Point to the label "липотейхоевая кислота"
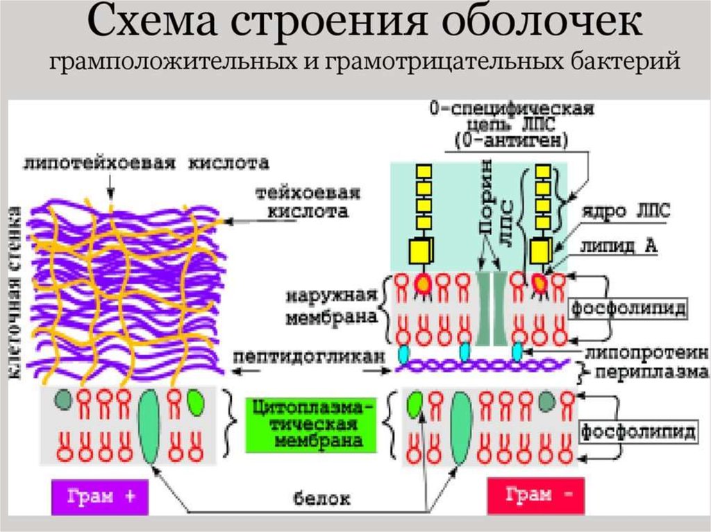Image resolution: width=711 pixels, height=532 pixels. (x=145, y=164)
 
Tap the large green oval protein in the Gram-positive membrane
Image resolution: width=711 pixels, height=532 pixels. (x=150, y=425)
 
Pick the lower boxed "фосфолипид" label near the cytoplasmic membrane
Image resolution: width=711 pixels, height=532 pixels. (x=638, y=433)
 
